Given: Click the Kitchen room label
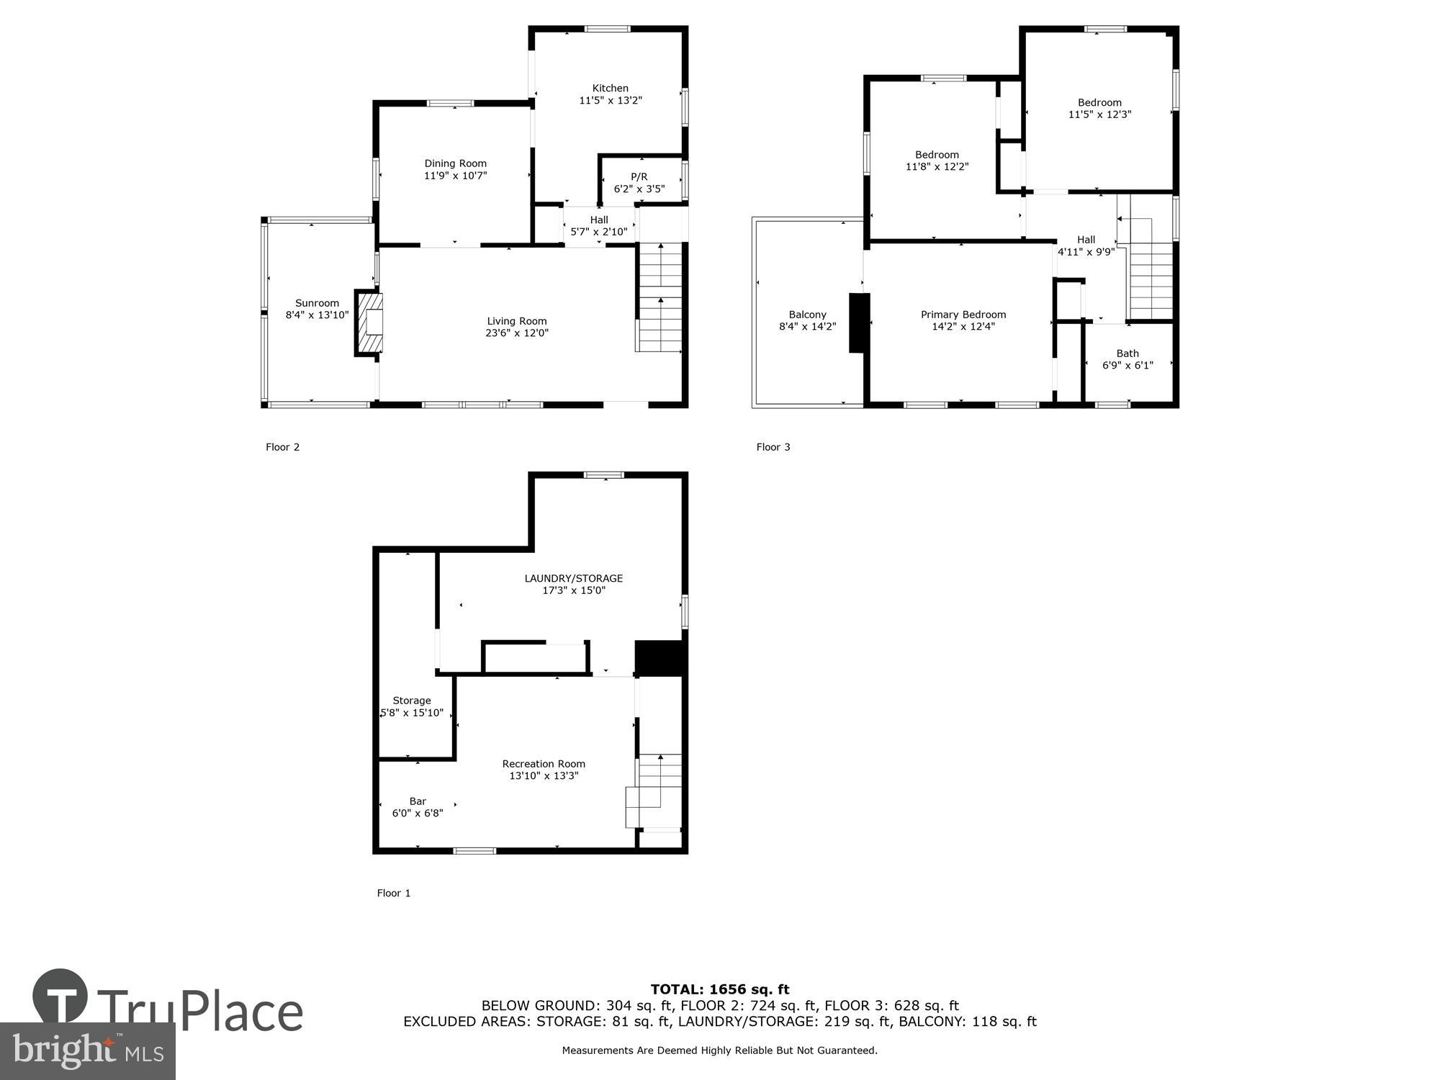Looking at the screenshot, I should click(610, 88).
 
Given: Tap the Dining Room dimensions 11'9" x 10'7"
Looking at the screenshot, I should click(455, 176).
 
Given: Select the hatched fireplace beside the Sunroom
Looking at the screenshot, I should click(369, 323).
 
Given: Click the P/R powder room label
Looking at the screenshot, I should click(639, 176).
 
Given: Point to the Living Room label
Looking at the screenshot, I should click(516, 321).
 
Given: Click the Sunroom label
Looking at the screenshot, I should click(317, 303).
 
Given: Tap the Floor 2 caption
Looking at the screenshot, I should click(282, 447).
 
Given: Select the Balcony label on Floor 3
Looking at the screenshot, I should click(807, 315).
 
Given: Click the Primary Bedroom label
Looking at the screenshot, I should click(963, 315).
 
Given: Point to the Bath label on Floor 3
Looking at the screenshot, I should click(1128, 353).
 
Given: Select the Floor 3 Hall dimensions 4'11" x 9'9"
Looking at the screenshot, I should click(1086, 252).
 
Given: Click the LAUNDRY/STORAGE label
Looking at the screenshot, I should click(573, 578).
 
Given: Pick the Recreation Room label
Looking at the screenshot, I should click(544, 764).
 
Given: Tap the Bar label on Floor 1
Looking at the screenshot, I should click(418, 801).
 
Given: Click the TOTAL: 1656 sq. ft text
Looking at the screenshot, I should click(719, 989).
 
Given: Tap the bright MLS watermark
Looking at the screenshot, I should click(88, 1051).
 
